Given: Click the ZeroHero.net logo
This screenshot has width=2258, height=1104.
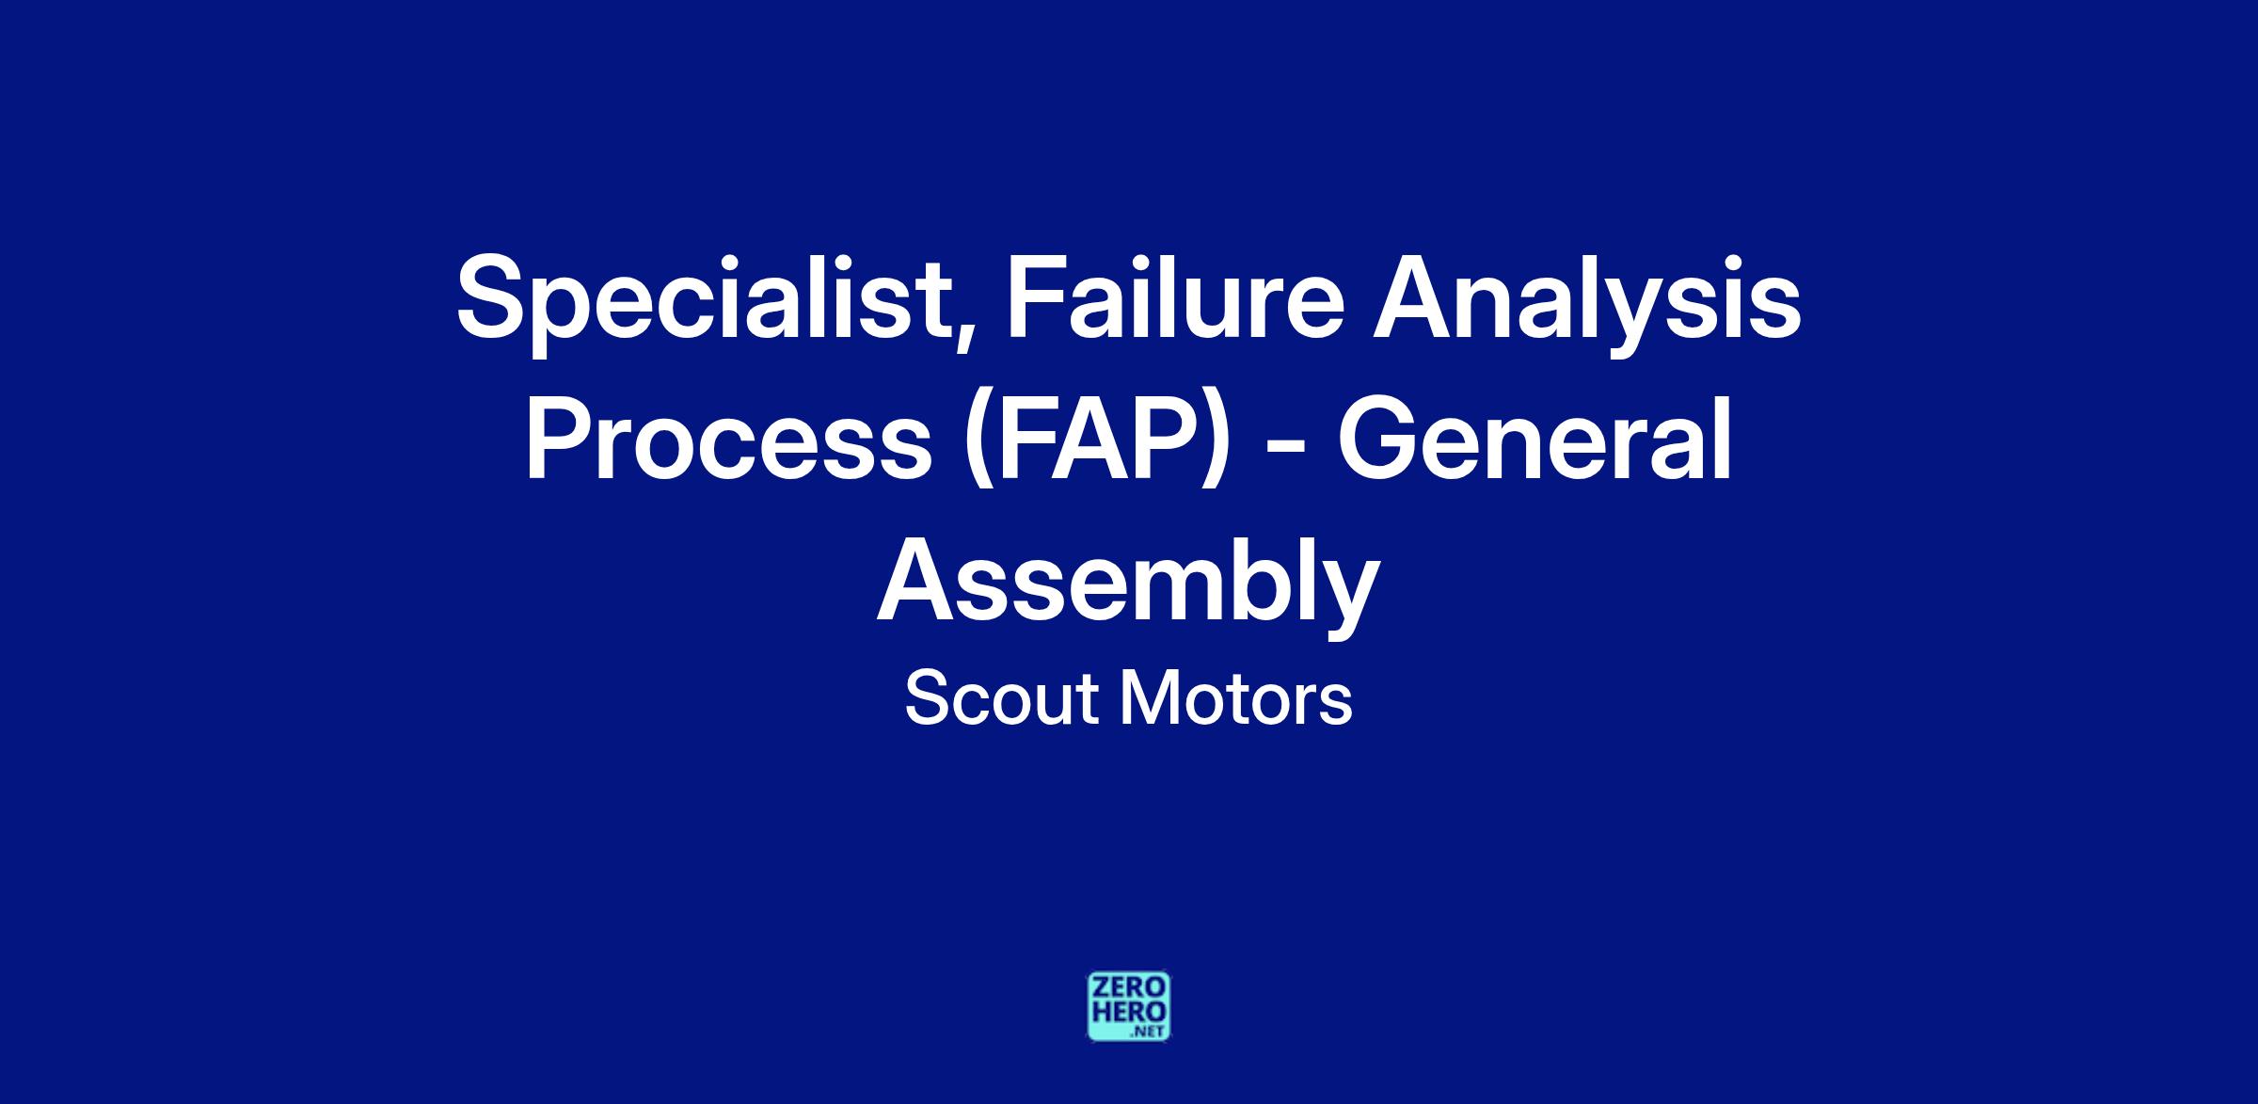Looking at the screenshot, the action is [x=1129, y=1006].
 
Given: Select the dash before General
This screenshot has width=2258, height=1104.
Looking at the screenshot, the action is [x=1284, y=446].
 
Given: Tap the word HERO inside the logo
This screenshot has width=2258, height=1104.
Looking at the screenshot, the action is [x=1129, y=1013].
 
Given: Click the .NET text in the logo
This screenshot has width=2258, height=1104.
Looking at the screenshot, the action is [x=1149, y=1032].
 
